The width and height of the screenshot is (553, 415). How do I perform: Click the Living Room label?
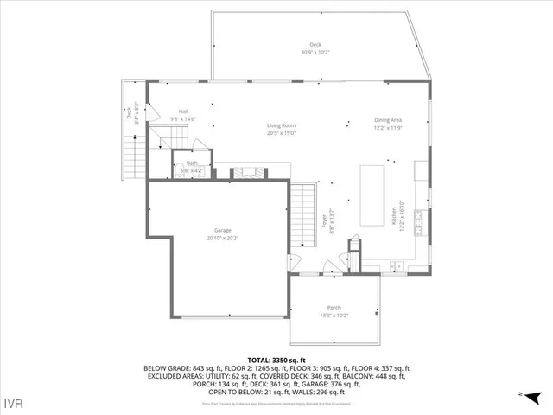282,126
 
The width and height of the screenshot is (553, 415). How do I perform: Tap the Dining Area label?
387,120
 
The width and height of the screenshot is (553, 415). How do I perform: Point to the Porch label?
334,308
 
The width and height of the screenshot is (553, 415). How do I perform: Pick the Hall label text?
183,112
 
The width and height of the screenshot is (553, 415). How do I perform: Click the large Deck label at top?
315,45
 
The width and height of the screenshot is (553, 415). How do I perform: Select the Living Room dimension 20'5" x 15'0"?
282,134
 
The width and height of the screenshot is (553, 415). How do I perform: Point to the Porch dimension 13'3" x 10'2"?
334,316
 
